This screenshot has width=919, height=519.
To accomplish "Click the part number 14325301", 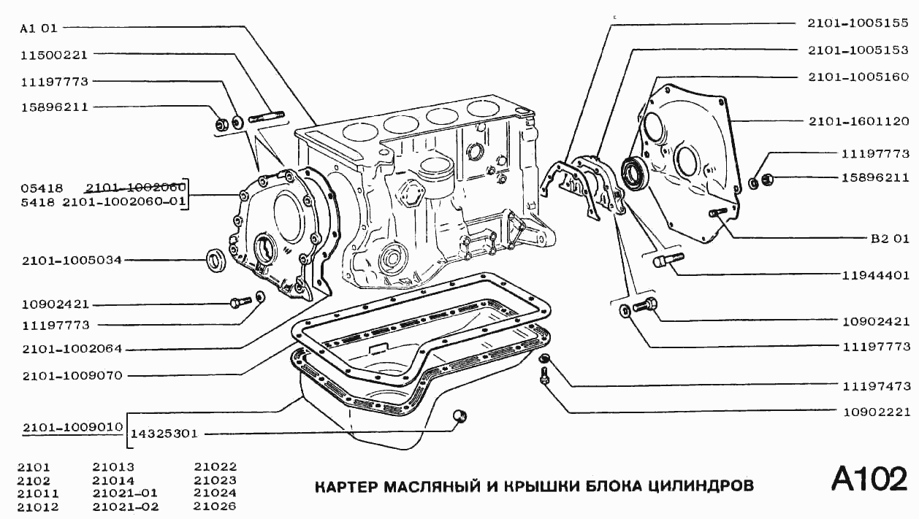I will [x=164, y=433].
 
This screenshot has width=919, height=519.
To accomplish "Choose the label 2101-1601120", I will [x=858, y=120].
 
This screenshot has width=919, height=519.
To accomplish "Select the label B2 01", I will [x=889, y=238].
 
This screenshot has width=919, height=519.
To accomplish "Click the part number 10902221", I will [x=875, y=411].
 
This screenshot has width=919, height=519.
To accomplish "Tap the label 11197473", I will [x=875, y=384].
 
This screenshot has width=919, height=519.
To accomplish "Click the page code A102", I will [x=869, y=480].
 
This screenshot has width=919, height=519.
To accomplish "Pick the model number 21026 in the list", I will [x=215, y=507].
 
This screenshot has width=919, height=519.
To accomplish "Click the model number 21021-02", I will [x=126, y=507].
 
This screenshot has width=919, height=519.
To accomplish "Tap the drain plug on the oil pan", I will [x=459, y=416].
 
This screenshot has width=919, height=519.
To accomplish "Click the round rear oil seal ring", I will [x=633, y=173].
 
